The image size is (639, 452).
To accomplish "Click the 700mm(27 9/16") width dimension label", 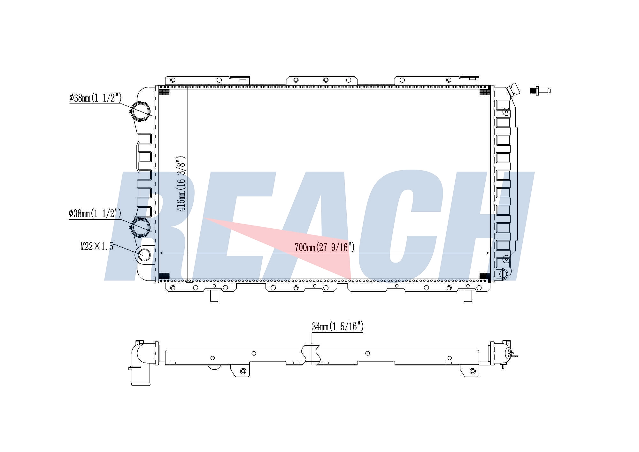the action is coord(325,247).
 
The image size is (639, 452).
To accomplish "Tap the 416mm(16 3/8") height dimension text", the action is coord(181,184).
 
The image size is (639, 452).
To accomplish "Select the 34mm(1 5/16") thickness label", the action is coord(338,326).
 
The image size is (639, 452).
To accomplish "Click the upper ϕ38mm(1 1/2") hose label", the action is coord(96,98).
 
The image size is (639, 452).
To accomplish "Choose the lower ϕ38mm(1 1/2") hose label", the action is coord(95,213).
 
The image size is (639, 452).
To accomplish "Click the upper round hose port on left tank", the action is coord(141,111).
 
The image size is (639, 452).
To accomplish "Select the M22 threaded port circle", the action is coord(144,255).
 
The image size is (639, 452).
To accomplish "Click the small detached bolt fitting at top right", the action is coord(540,91).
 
